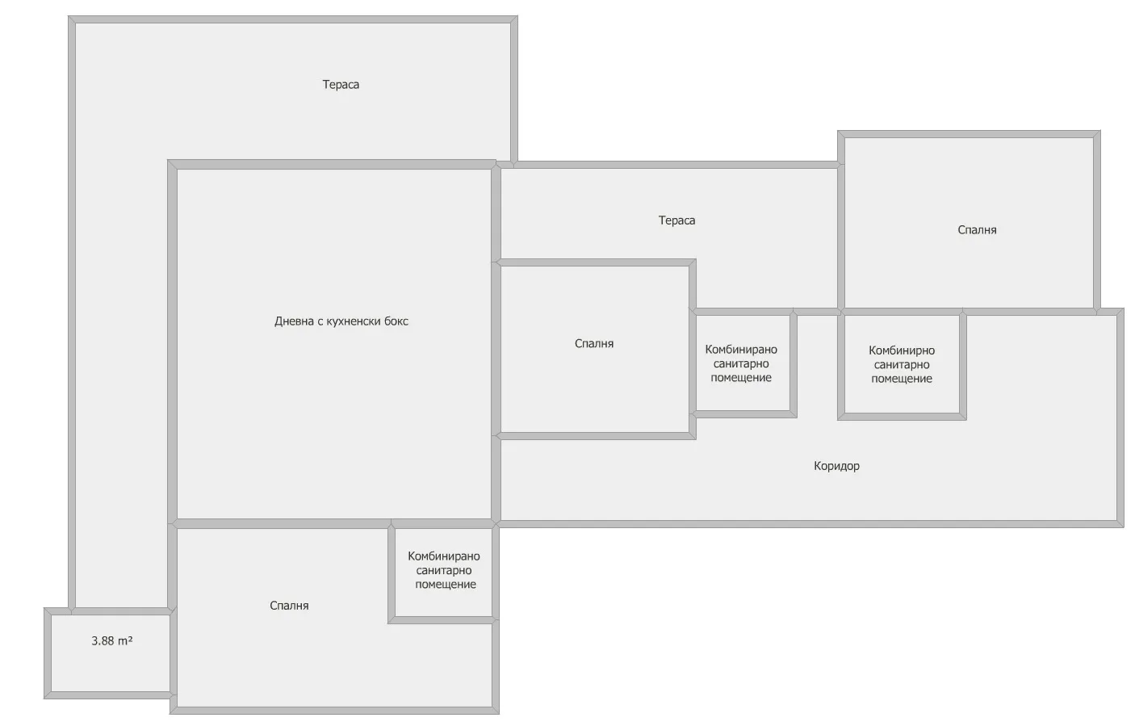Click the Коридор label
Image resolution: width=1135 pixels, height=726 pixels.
pos(836,466)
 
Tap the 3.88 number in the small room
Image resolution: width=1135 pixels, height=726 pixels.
pos(103,641)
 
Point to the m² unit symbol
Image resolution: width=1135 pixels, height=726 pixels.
pos(125,641)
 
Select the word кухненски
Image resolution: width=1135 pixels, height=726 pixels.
pos(352,321)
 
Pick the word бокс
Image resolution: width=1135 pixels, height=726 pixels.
pos(396,321)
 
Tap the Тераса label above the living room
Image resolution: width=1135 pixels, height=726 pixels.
pos(341,85)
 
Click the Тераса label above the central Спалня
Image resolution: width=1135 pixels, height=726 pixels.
pos(676,220)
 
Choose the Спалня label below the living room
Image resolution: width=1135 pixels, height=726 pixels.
pos(289,606)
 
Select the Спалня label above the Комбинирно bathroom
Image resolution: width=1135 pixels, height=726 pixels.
pos(977,230)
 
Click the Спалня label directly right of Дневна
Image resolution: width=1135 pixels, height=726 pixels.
pos(594,344)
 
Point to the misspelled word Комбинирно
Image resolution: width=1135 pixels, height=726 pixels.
pos(902,350)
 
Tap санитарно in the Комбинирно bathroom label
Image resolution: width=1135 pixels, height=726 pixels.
pos(902,365)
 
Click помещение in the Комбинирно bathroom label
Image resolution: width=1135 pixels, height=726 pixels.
pos(902,379)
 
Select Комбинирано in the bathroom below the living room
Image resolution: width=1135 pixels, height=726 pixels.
pos(444,556)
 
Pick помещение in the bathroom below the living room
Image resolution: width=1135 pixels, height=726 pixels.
pos(446,585)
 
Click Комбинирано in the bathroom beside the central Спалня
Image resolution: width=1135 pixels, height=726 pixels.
pos(741,350)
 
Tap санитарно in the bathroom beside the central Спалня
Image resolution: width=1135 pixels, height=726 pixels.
pos(741,364)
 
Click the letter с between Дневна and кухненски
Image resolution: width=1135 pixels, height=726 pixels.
pos(319,321)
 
